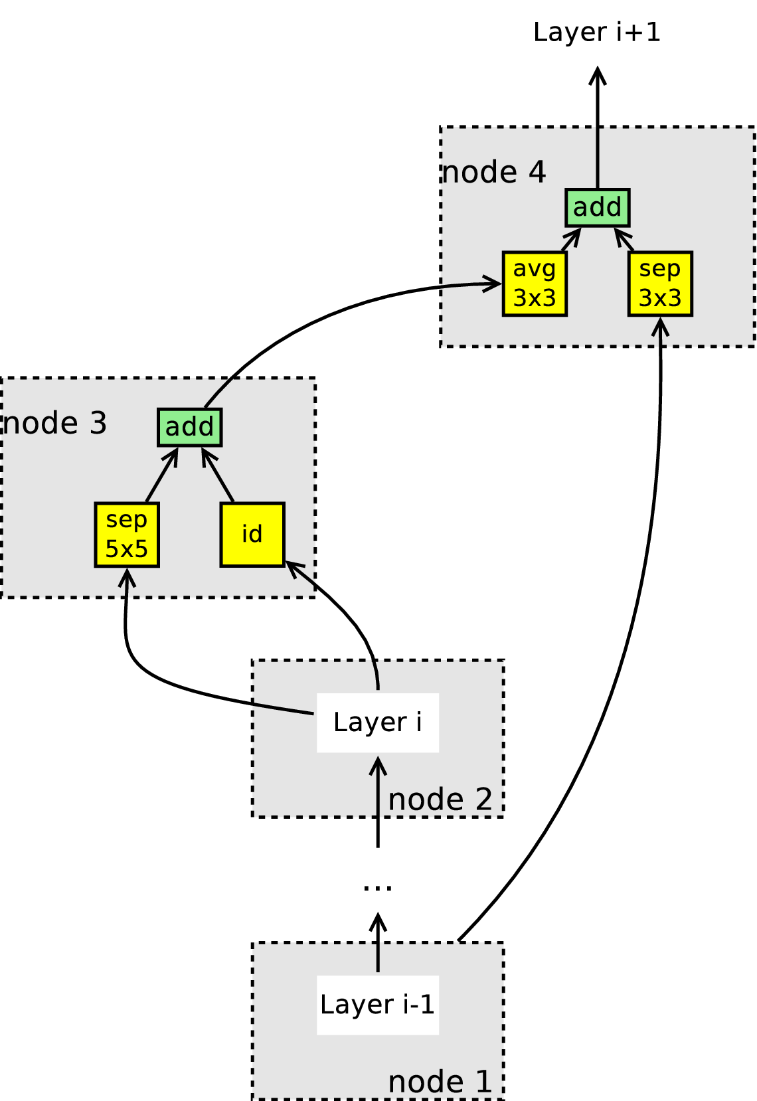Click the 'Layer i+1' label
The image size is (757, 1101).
coord(597,33)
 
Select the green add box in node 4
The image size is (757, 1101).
coord(597,207)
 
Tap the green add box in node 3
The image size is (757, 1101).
coord(190,427)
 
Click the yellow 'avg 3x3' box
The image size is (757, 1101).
coord(535,284)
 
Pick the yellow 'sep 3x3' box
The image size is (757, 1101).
coord(660,284)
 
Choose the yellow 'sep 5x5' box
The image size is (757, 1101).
coord(127,535)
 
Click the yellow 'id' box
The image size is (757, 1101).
coord(252,535)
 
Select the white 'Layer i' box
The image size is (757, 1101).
coord(378,722)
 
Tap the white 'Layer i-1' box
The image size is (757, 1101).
coord(378,1005)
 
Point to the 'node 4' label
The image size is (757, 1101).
coord(494,173)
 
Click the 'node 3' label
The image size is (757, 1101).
coord(54,423)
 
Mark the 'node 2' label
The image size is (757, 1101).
coord(440,800)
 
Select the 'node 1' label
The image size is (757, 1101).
coord(440,1082)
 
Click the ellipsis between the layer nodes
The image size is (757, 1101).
coord(378,887)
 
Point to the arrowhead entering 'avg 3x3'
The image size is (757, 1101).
coord(493,284)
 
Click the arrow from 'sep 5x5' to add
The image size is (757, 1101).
coord(162,475)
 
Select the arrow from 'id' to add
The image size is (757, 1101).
coord(218,475)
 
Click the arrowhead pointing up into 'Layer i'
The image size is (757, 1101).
coord(378,766)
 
